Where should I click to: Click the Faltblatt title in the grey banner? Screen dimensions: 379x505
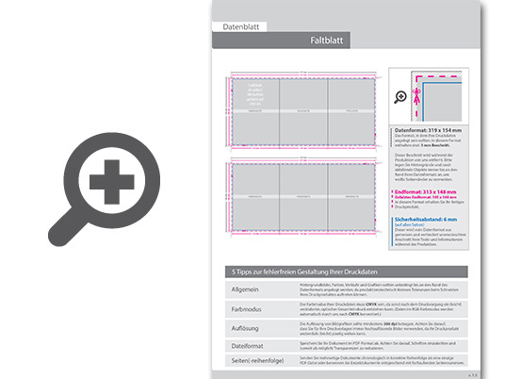330,41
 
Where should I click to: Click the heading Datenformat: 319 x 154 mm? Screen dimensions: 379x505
429,129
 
